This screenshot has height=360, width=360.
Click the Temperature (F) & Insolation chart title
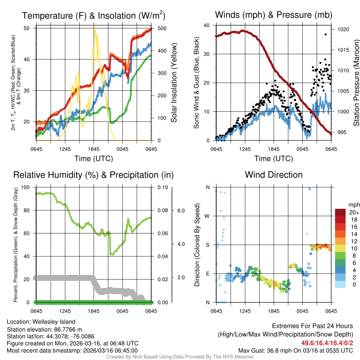tap(94, 15)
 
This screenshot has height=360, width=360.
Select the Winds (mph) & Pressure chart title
tap(274, 15)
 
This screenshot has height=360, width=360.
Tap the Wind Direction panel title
tap(274, 175)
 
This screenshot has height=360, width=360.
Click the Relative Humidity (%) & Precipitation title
tap(93, 175)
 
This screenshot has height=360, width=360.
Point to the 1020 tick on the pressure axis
tap(342, 30)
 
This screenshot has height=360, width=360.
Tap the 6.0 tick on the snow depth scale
tap(181, 211)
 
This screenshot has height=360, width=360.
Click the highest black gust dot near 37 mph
tap(326, 34)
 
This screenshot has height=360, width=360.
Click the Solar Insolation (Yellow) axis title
tap(174, 83)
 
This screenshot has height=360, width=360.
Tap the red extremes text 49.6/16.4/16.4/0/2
tap(327, 343)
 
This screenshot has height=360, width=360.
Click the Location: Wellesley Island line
tap(41, 322)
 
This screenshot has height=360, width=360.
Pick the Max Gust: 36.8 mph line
tap(296, 350)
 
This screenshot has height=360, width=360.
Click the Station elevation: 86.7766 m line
tap(44, 329)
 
